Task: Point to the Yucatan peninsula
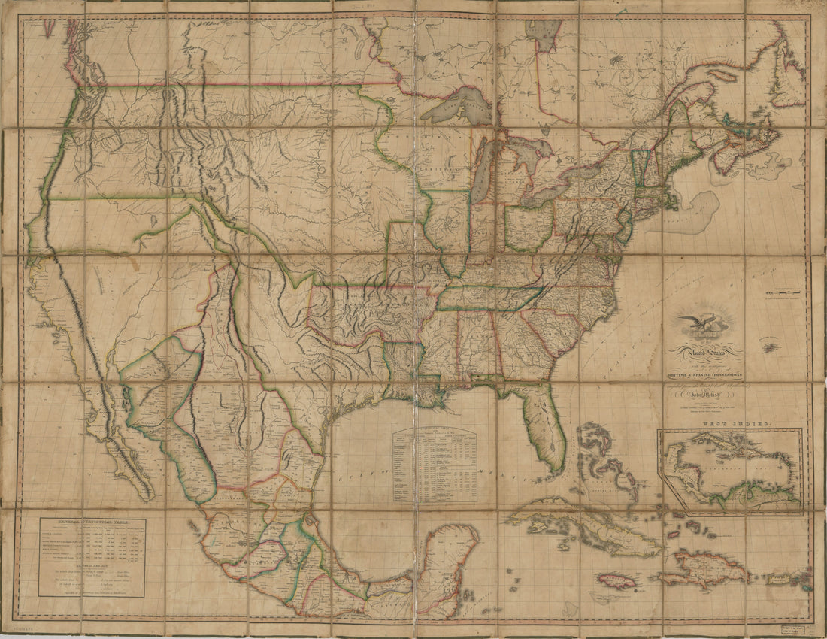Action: pos(451,556)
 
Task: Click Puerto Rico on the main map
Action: pos(778,577)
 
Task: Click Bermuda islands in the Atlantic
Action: pos(770,347)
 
